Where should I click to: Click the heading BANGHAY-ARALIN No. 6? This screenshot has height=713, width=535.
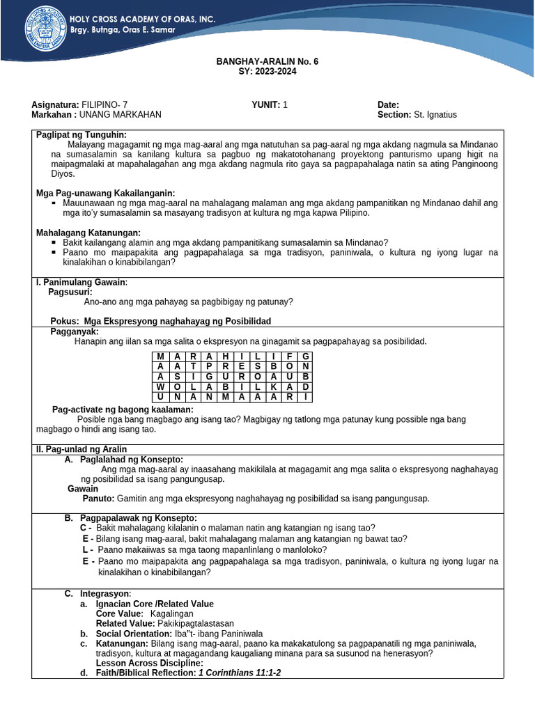(x=267, y=61)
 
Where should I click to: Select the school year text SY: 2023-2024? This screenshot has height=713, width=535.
(x=267, y=71)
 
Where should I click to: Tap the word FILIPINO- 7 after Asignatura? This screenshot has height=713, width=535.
(x=104, y=104)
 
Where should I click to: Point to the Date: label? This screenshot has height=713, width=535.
(x=388, y=104)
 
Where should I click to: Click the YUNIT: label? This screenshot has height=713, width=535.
(x=265, y=104)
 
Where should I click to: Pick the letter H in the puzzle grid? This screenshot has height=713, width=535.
(x=225, y=356)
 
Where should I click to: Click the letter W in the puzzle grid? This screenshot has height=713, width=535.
(x=160, y=386)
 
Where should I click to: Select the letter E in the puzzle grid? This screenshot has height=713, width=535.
(x=241, y=366)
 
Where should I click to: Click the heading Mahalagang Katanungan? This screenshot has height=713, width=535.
(x=88, y=233)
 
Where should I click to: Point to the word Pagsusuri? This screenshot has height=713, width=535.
(x=70, y=292)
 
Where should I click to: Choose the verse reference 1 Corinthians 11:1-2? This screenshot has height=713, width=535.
(x=240, y=673)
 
